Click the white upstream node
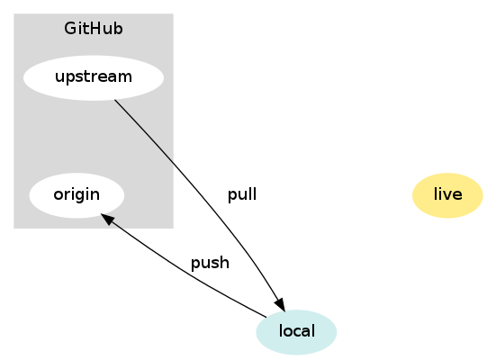pos(94,77)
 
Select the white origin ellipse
pos(77,195)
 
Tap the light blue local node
pos(296,332)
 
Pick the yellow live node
pos(447,195)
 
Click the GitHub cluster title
pos(94,29)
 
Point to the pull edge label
pos(242,195)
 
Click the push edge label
pos(210,263)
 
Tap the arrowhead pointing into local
pos(280,304)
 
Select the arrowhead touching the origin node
pos(107,219)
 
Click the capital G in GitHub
pos(69,29)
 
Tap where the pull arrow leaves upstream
pos(114,100)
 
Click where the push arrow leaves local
pos(266,318)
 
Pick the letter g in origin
pos(81,196)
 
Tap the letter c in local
pos(296,332)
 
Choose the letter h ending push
pos(225,262)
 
